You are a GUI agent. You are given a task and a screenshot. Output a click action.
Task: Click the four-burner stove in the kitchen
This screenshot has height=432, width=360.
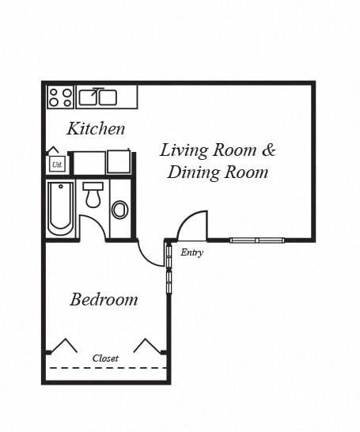click(61, 97)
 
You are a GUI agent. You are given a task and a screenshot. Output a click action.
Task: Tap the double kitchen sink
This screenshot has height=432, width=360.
click(98, 97)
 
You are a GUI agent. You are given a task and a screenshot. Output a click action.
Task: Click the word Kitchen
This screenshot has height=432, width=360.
click(96, 128)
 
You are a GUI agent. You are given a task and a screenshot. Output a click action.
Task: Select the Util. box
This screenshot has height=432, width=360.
click(57, 164)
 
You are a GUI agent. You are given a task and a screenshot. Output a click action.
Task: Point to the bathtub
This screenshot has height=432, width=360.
click(61, 209)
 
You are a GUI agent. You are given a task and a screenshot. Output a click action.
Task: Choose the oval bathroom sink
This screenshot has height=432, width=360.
click(120, 210)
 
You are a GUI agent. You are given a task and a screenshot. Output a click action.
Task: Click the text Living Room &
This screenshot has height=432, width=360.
click(218, 150)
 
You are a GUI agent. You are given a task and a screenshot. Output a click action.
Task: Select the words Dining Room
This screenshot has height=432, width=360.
click(218, 172)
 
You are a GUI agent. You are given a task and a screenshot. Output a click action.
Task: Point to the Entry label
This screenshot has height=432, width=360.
click(192, 253)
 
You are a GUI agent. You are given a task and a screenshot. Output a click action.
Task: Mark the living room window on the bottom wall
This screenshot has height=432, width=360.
click(257, 240)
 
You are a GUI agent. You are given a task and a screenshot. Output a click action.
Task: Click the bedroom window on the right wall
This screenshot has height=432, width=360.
click(169, 269)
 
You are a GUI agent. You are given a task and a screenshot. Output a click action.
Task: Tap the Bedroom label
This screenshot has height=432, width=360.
click(104, 300)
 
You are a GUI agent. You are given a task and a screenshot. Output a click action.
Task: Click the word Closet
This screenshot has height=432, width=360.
click(105, 358)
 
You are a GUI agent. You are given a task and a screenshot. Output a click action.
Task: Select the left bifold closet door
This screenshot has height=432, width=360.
click(63, 346)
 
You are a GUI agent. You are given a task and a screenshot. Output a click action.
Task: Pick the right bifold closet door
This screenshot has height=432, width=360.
click(148, 346)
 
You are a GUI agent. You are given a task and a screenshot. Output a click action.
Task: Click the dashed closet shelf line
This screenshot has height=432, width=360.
click(106, 369)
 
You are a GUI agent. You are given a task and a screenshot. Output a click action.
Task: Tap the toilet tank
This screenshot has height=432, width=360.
click(93, 186)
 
